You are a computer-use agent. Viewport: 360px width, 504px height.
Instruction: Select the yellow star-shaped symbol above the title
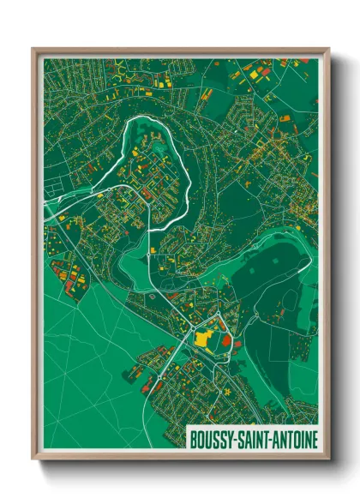(x=229, y=392)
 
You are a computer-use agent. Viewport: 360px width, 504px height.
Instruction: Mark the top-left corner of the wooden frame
(x=33, y=50)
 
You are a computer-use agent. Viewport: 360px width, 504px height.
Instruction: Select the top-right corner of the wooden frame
(x=328, y=50)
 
